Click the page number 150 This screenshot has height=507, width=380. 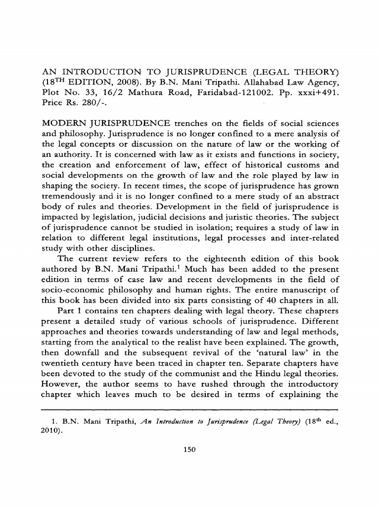190,450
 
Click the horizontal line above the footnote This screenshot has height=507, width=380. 190,410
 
